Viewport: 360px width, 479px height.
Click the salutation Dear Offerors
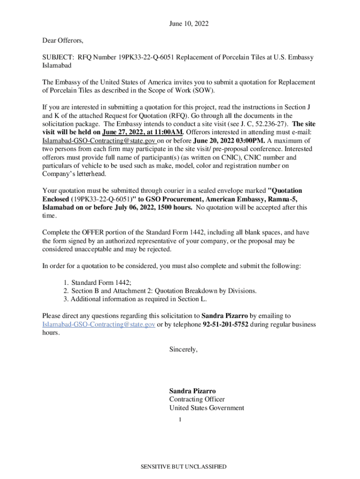point(63,41)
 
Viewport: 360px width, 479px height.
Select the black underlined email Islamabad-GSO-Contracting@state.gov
point(99,140)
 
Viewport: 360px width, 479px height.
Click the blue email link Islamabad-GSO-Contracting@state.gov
point(99,324)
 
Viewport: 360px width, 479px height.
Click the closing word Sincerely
point(184,349)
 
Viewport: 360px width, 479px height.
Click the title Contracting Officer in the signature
point(197,399)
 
